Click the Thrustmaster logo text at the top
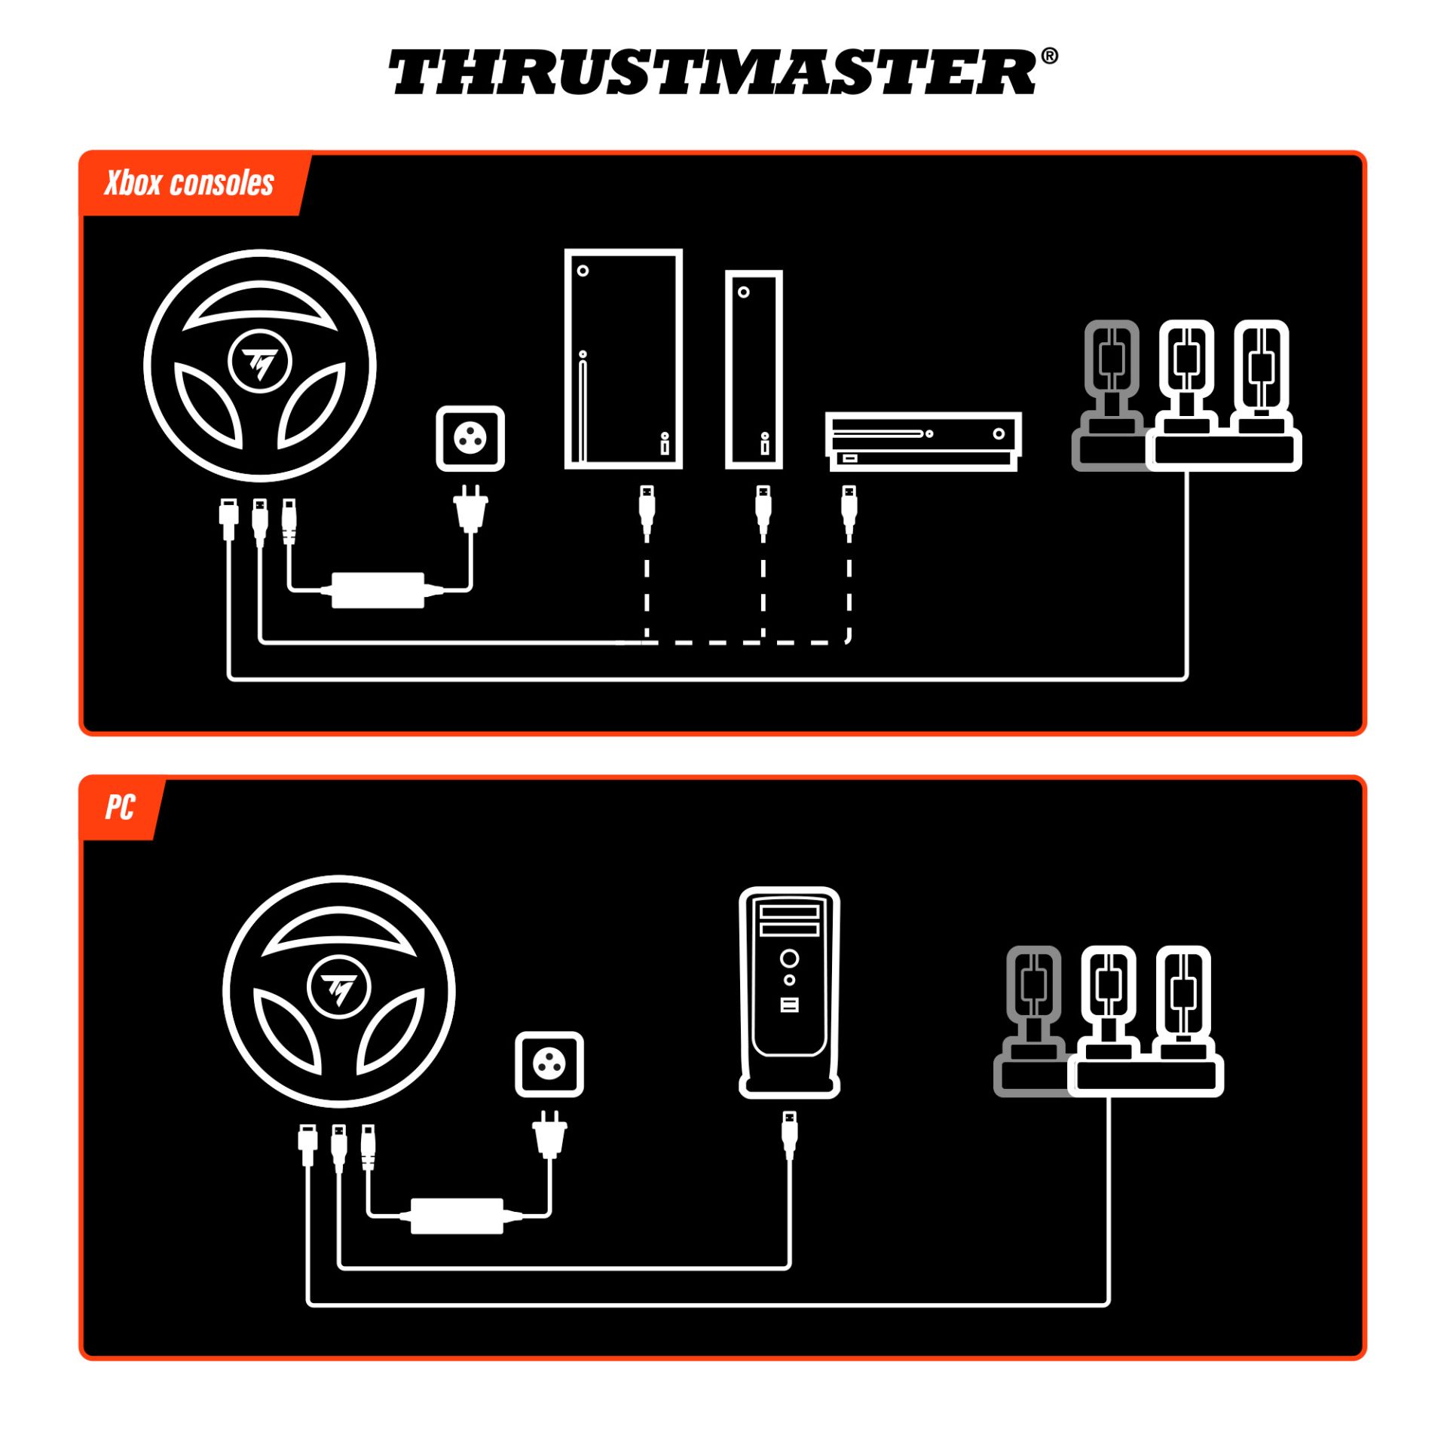tap(712, 73)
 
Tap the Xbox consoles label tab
tap(190, 183)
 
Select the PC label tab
tap(120, 807)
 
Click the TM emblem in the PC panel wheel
tap(339, 988)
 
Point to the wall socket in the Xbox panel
tap(470, 439)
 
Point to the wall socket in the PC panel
tap(549, 1064)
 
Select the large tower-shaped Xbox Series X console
tap(623, 359)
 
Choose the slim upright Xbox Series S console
tap(754, 369)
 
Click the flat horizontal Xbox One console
tap(923, 442)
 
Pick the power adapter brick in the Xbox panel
tap(378, 590)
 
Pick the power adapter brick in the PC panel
tap(457, 1216)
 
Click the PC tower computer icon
tap(789, 992)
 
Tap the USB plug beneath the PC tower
tap(789, 1134)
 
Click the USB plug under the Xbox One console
tap(849, 509)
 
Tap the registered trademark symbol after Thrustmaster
tap(1049, 57)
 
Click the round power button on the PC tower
tap(789, 959)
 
